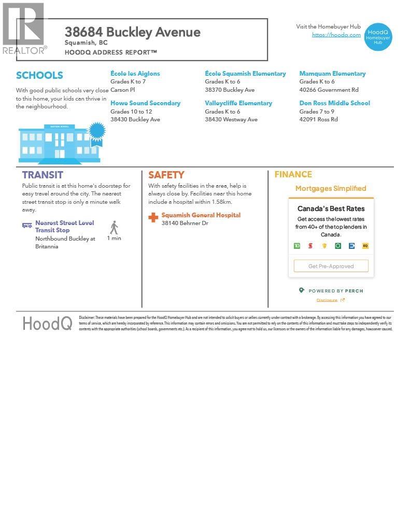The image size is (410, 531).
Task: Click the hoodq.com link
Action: click(x=336, y=35)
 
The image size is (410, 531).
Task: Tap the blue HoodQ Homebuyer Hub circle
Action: click(x=378, y=37)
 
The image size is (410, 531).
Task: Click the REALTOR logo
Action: click(x=24, y=29)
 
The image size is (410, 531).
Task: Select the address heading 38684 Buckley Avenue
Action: click(x=132, y=32)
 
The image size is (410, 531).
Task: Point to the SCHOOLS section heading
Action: click(x=39, y=76)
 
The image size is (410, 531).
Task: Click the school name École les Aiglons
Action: click(x=135, y=74)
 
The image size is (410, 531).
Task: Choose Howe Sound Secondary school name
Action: click(x=145, y=103)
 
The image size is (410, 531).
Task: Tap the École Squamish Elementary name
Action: click(x=245, y=74)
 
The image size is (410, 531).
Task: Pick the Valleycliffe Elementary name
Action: click(x=238, y=103)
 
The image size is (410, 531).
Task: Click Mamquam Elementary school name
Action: click(x=332, y=74)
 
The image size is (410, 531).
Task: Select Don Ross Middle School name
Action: click(x=334, y=103)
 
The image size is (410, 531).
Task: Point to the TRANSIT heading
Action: click(x=43, y=175)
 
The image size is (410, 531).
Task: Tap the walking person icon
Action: click(x=114, y=227)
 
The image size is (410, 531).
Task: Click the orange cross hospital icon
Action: click(x=153, y=218)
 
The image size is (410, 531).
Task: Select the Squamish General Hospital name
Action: click(x=201, y=215)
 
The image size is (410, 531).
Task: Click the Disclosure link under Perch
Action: click(x=327, y=300)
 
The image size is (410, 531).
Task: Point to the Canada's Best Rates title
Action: click(x=331, y=208)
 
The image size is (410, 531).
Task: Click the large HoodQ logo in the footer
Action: click(x=47, y=324)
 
